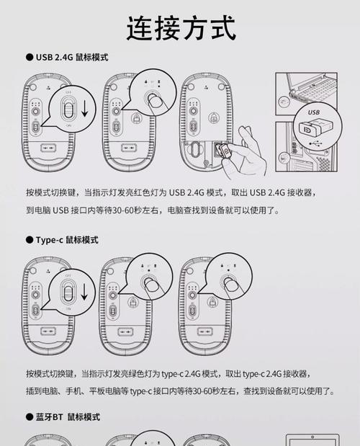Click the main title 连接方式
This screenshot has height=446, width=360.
(x=180, y=28)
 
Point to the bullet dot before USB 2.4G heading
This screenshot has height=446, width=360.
(x=30, y=57)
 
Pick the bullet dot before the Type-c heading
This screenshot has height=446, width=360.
(x=30, y=239)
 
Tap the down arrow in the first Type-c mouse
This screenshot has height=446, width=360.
(x=84, y=293)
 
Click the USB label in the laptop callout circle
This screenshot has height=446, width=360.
(x=313, y=113)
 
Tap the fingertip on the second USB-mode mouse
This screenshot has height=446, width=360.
(x=155, y=100)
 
